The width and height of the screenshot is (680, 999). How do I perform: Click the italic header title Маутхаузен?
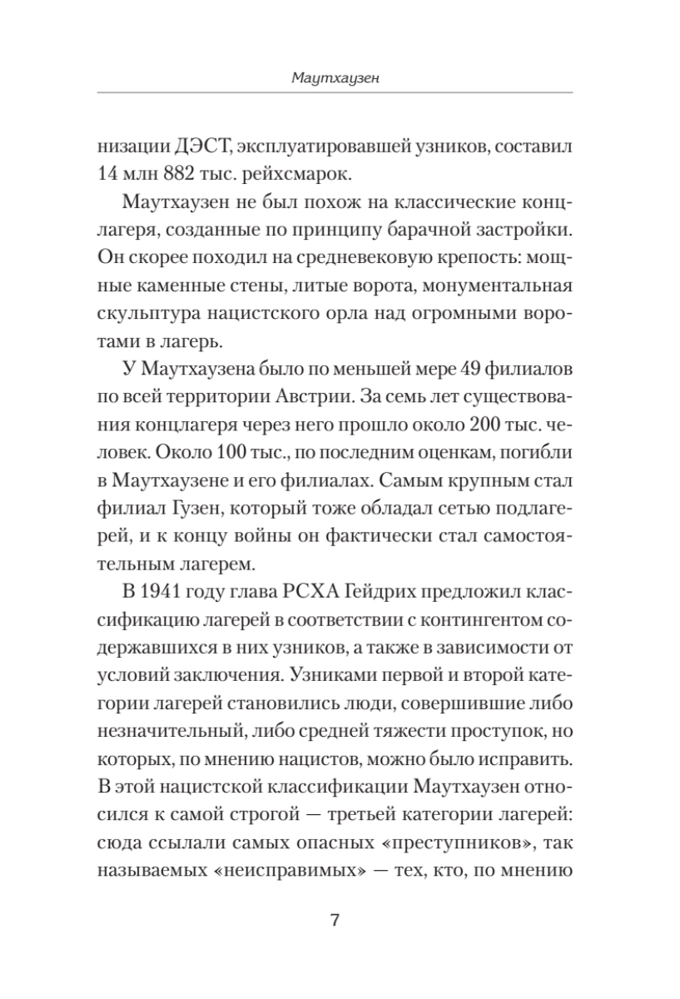pyautogui.click(x=340, y=79)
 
